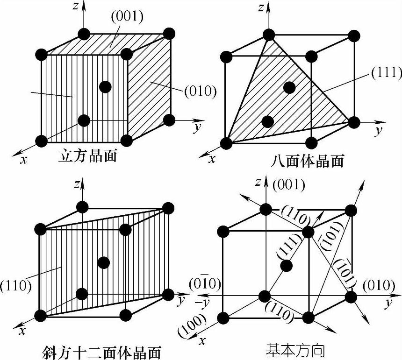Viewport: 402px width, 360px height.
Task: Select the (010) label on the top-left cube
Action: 201,91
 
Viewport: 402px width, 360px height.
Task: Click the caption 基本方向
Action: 295,349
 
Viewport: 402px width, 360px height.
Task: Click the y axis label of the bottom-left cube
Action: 181,301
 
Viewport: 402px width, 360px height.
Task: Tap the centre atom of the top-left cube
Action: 105,86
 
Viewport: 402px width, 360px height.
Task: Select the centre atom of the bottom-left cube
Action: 104,262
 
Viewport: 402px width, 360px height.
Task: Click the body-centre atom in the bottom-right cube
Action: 286,266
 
